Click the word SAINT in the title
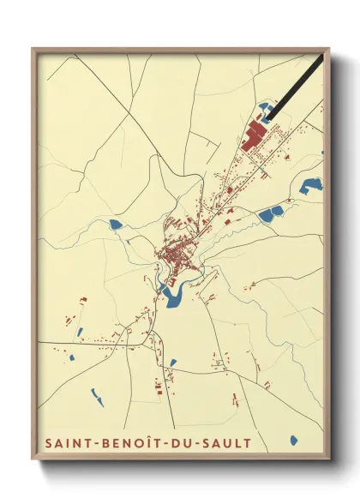pyautogui.click(x=67, y=442)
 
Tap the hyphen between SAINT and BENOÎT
pyautogui.click(x=96, y=443)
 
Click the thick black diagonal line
pyautogui.click(x=296, y=86)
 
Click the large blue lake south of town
pyautogui.click(x=174, y=295)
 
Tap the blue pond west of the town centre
pyautogui.click(x=115, y=225)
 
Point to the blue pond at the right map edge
pyautogui.click(x=313, y=183)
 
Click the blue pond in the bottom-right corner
pyautogui.click(x=294, y=441)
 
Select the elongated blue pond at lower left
pyautogui.click(x=97, y=395)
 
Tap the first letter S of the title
pyautogui.click(x=46, y=442)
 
